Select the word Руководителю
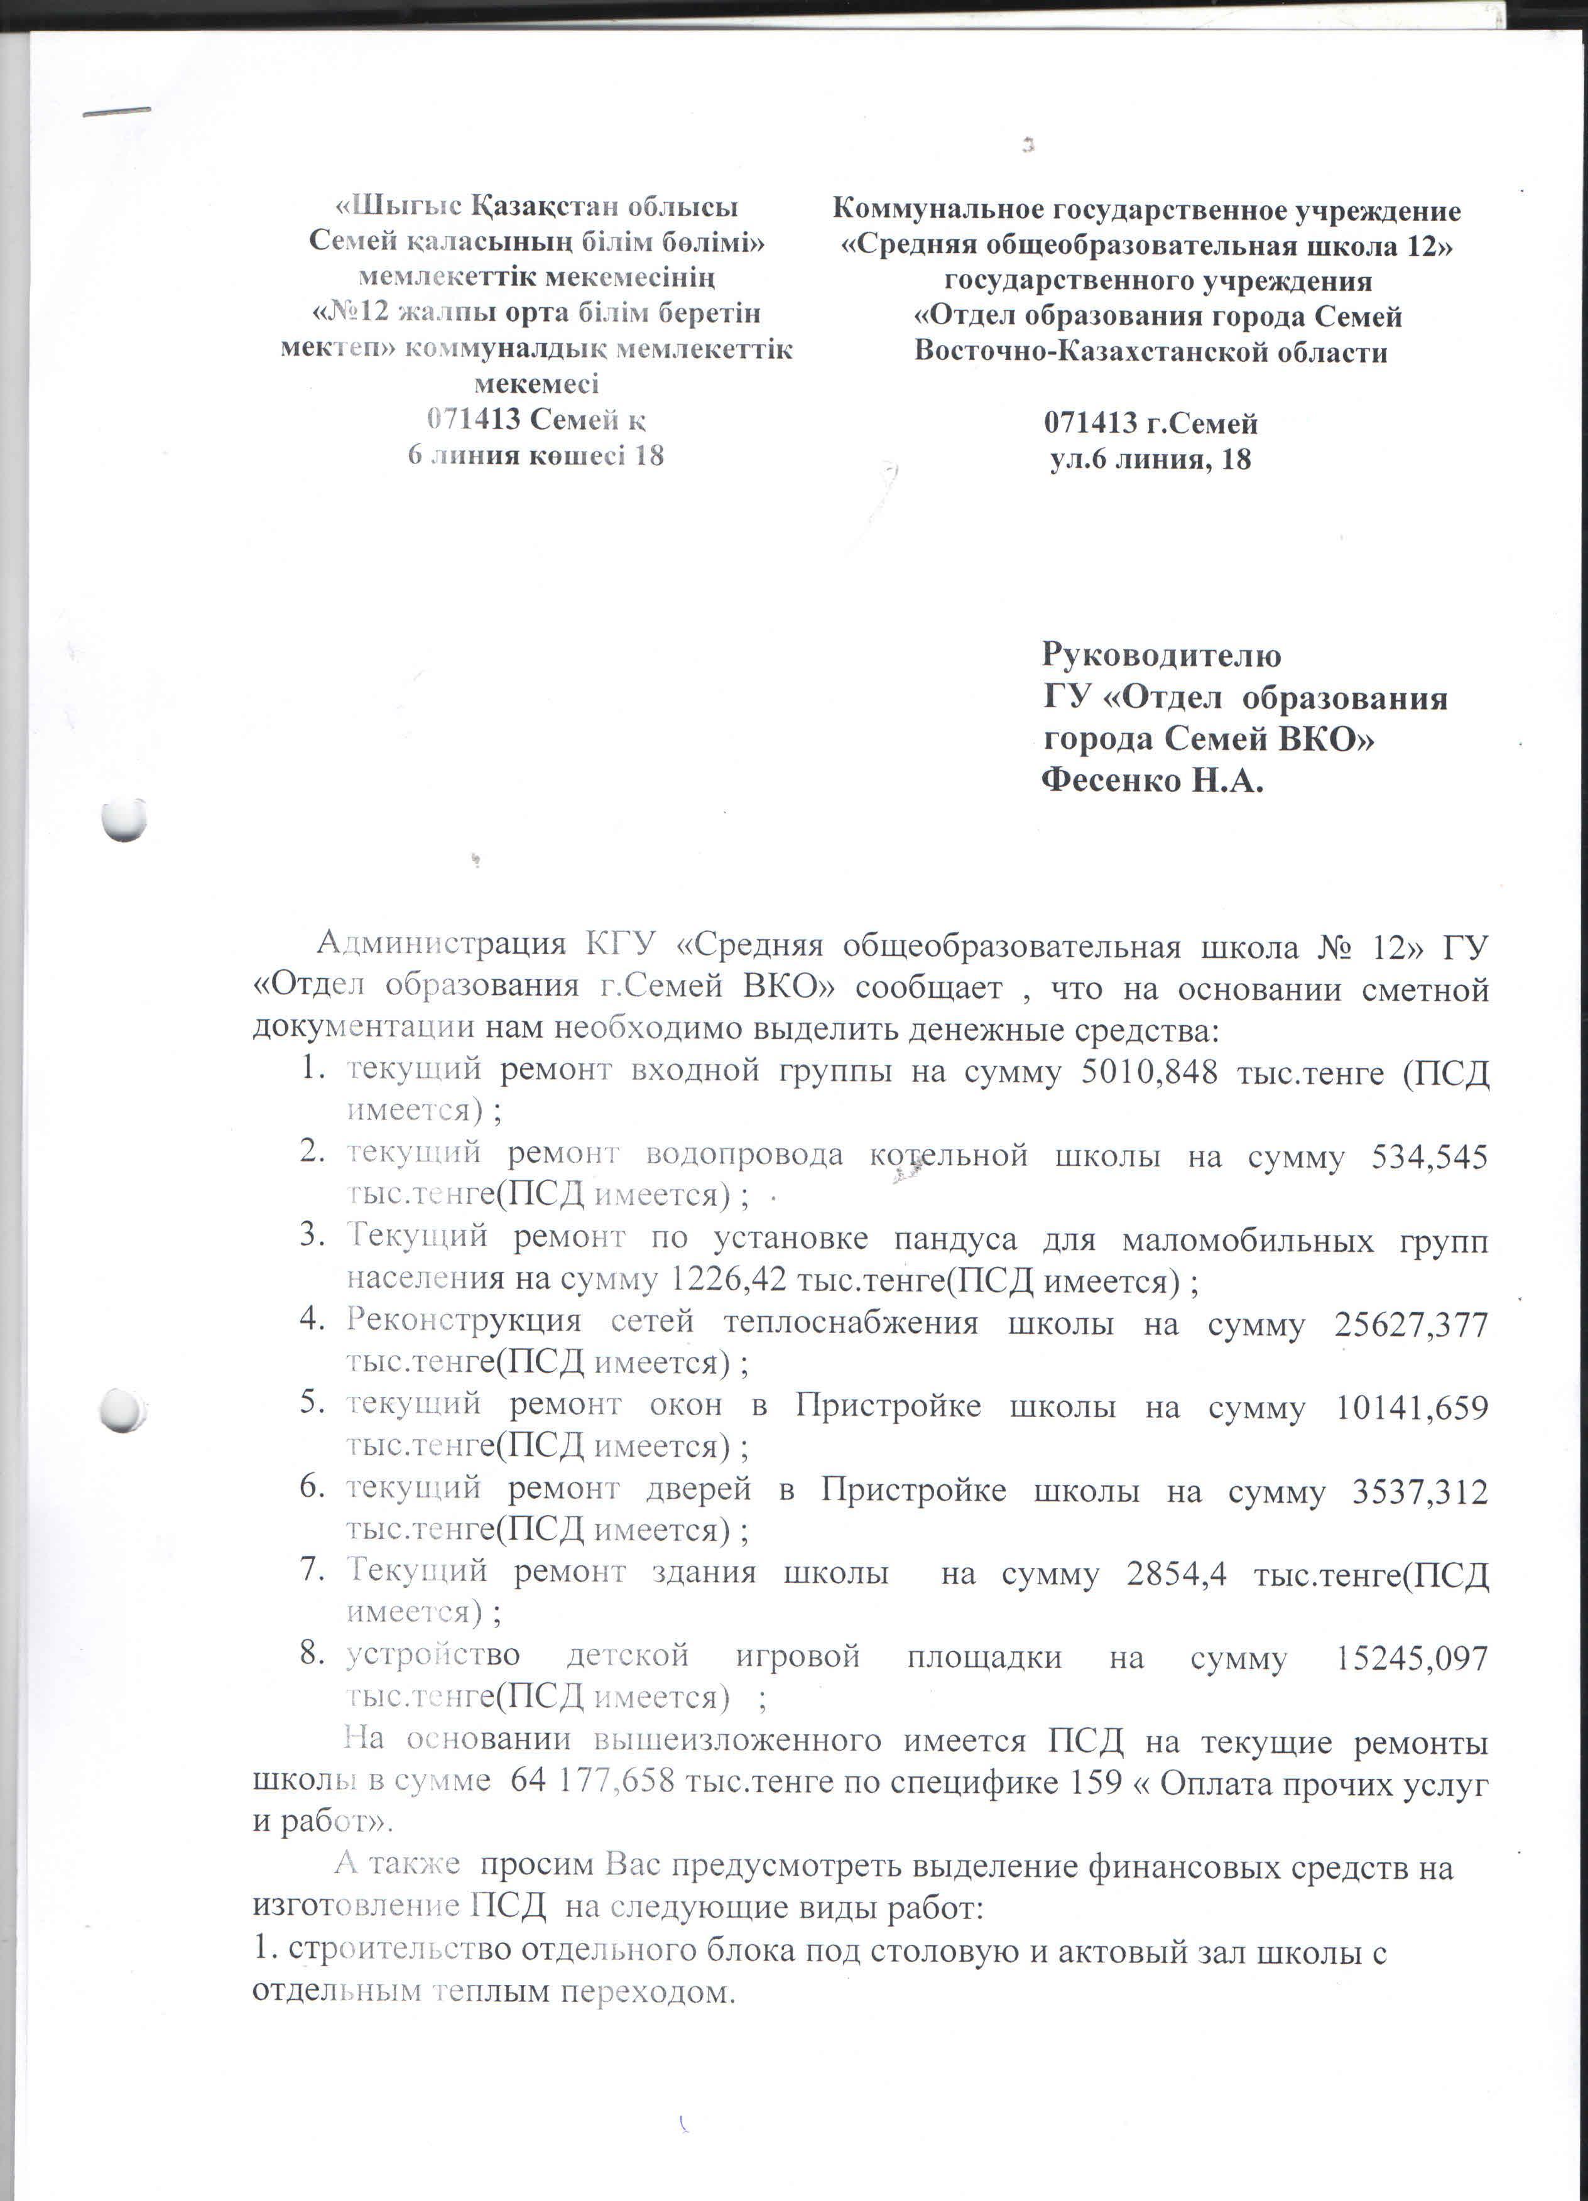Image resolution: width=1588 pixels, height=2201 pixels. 1161,655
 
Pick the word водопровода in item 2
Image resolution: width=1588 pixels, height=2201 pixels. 744,1155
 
